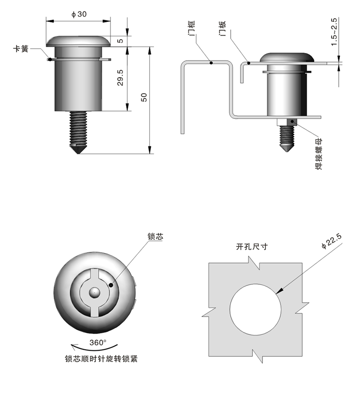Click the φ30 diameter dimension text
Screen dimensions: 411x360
point(79,15)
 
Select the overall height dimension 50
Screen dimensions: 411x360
point(144,97)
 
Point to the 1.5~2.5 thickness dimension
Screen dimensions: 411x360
point(334,32)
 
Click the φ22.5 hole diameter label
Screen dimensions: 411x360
point(331,241)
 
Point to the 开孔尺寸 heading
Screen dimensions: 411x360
point(252,247)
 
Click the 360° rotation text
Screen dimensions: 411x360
point(97,342)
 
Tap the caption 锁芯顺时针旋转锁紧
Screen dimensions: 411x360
point(101,358)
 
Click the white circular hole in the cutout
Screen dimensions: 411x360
point(256,309)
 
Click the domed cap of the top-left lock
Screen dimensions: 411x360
point(79,41)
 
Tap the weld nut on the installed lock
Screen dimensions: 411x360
point(286,122)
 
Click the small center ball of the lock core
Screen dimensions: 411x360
point(94,291)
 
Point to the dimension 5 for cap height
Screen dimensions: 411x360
point(121,41)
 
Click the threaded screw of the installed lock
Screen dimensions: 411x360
point(286,137)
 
